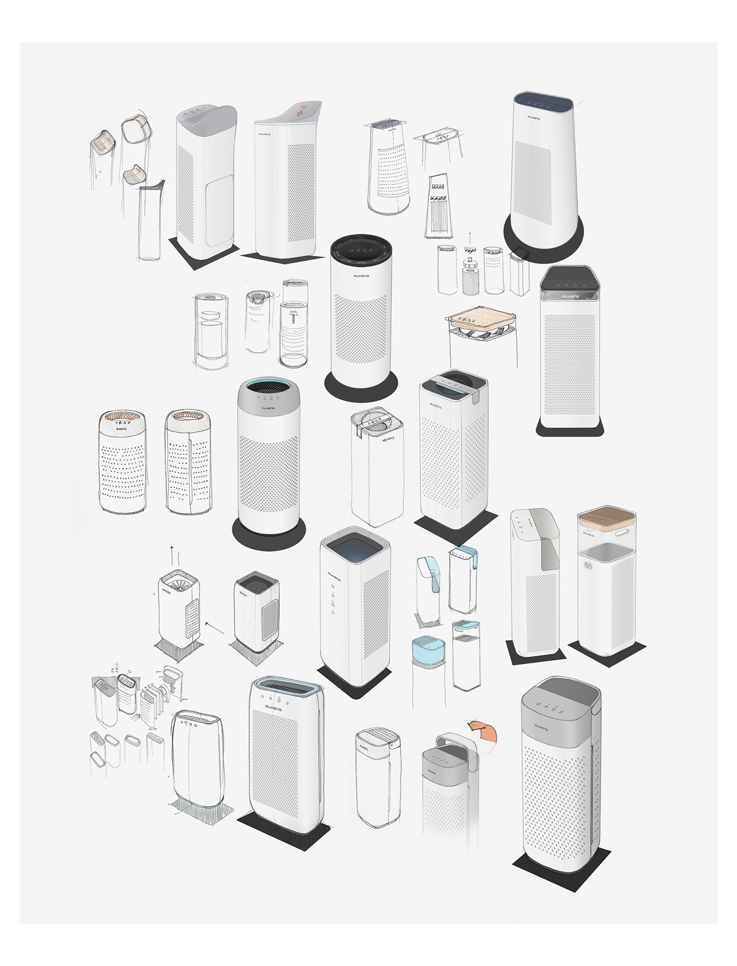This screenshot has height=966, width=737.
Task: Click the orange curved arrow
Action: (482, 733)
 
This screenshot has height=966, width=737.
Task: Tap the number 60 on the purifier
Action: (588, 566)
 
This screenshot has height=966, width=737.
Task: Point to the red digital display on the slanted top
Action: (303, 110)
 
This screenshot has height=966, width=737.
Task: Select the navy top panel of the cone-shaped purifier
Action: (543, 101)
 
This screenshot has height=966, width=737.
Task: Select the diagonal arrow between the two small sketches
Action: (213, 627)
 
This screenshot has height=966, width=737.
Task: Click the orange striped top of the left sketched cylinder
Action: (122, 417)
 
